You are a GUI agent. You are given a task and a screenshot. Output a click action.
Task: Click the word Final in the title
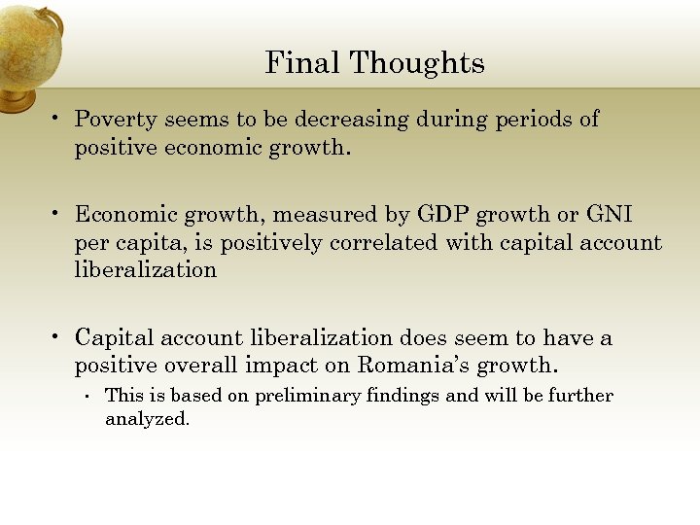coord(303,63)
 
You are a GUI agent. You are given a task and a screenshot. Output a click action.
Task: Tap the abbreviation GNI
coord(609,214)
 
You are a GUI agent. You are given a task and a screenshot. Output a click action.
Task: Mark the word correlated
coord(384,242)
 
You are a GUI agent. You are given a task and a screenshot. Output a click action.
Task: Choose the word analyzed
coord(146,421)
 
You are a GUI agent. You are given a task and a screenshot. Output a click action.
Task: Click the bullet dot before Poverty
coord(58,119)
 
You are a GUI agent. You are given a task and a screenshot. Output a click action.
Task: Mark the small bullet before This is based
coord(87,396)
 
